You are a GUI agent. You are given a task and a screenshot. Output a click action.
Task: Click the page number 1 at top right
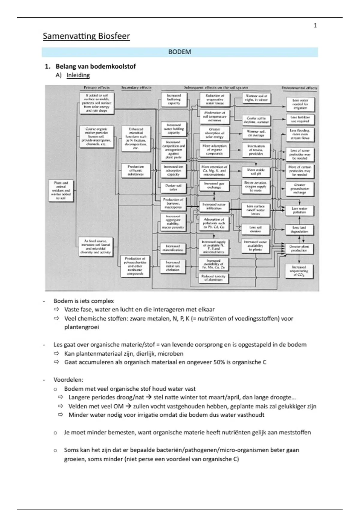[x=315, y=25]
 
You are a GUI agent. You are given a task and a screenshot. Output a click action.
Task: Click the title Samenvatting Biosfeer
[x=86, y=36]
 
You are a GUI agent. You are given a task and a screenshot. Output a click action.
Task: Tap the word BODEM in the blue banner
[x=180, y=52]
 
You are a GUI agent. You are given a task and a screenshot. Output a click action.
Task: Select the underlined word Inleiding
[x=78, y=75]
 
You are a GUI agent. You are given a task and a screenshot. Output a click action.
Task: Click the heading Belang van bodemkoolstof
[x=96, y=66]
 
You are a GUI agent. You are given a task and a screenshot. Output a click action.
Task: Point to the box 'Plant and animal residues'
[x=61, y=190]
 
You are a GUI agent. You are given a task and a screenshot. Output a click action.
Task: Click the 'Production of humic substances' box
[x=136, y=170]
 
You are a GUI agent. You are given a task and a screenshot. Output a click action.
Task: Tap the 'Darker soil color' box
[x=173, y=187]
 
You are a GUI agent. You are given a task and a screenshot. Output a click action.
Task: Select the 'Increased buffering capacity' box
[x=174, y=99]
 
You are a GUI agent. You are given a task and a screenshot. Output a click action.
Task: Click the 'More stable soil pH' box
[x=256, y=172]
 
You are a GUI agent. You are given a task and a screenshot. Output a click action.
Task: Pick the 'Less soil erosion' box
[x=255, y=229]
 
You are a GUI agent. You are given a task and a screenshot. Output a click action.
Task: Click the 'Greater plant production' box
[x=299, y=248]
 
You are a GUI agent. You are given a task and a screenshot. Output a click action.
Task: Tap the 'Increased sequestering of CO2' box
[x=299, y=271]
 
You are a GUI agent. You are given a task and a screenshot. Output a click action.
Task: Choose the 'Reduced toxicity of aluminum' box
[x=213, y=278]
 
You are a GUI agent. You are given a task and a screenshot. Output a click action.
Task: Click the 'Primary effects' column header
[x=97, y=88]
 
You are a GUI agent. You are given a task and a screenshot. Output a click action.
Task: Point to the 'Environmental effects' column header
[x=299, y=88]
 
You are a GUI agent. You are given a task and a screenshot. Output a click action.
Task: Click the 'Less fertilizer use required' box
[x=300, y=119]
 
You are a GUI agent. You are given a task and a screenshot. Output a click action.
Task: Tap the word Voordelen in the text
[x=68, y=380]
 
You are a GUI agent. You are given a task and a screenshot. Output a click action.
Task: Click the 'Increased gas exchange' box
[x=214, y=185]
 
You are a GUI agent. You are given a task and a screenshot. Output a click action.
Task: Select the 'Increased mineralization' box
[x=173, y=248]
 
